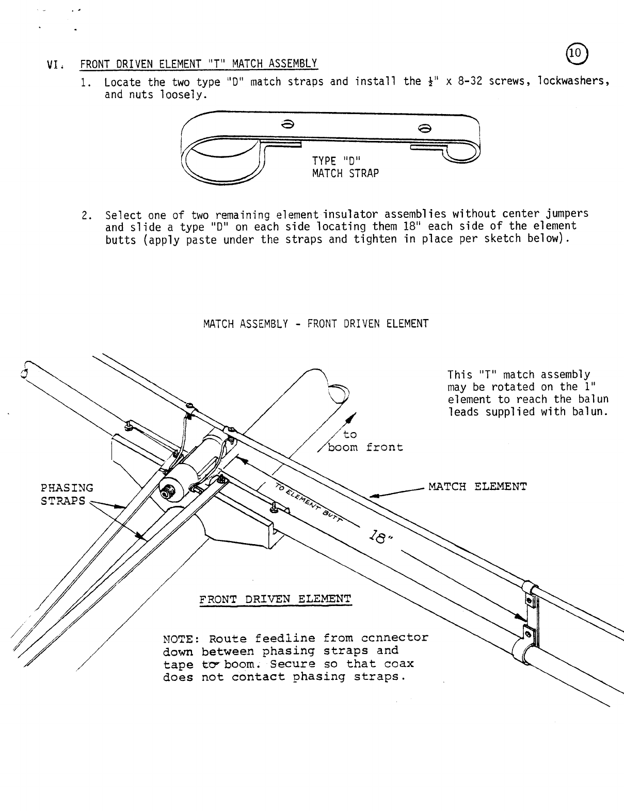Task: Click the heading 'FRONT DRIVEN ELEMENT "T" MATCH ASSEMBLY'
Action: (x=198, y=64)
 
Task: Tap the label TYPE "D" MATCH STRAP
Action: (x=345, y=167)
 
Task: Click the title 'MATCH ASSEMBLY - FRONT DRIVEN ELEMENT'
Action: (x=315, y=324)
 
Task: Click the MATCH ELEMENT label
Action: (x=477, y=486)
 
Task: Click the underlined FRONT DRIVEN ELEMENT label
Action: (x=275, y=599)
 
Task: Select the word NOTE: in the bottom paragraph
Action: (x=181, y=638)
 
